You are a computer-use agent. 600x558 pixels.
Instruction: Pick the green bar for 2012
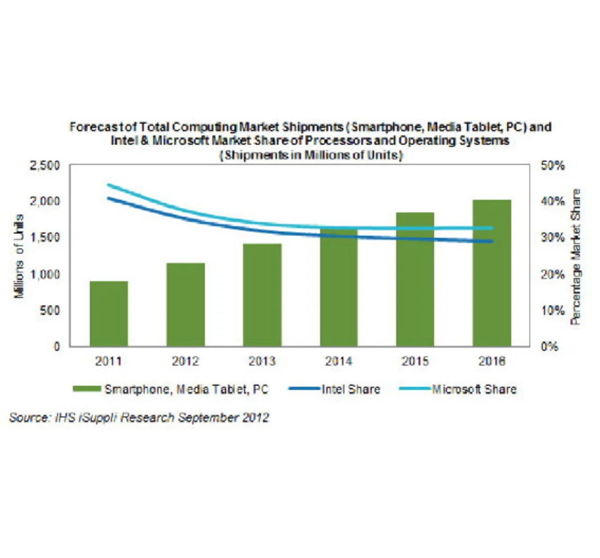coord(186,304)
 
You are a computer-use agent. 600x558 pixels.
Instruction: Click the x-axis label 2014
coord(338,361)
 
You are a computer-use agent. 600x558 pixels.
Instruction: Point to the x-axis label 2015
coord(415,361)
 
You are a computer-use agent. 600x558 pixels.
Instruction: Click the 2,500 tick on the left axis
coord(45,166)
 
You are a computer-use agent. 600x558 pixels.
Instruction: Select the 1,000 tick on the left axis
coord(45,274)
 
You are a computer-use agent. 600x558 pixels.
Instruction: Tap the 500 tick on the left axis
coord(49,310)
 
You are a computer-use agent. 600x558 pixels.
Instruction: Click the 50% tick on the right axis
coord(553,166)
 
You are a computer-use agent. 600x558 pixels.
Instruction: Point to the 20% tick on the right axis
coord(553,274)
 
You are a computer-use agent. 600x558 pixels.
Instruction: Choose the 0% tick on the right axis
coord(550,347)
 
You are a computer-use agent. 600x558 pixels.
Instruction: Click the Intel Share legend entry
coord(350,389)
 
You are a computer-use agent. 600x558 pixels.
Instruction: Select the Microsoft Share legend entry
coord(473,389)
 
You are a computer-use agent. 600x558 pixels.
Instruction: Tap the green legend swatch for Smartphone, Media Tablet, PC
coord(87,389)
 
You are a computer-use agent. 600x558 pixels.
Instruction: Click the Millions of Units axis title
coord(19,256)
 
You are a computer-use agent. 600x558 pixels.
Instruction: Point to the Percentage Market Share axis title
coord(576,256)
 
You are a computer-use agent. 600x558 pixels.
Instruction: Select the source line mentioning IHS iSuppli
coord(139,417)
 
